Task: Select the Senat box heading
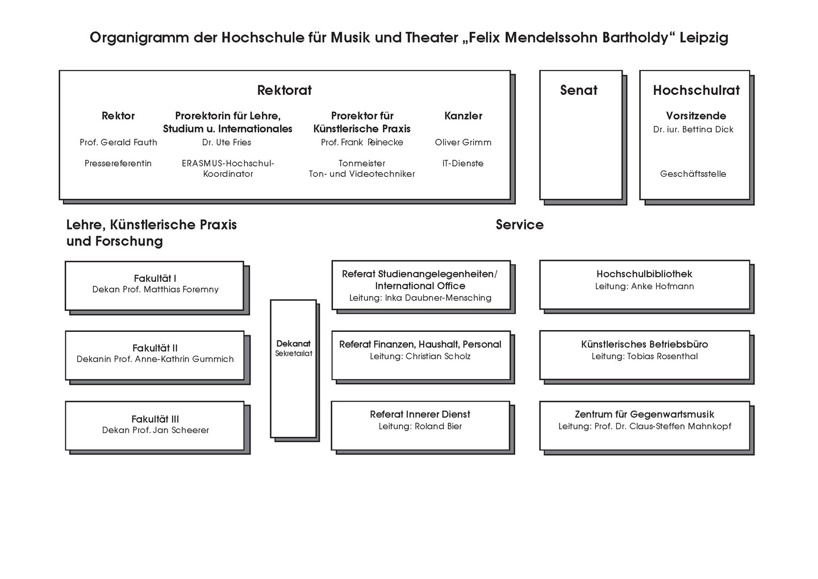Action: coord(578,90)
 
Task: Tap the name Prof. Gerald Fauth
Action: coord(118,143)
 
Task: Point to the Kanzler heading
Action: coord(463,116)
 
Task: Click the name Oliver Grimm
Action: coord(463,143)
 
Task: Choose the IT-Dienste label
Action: coord(463,164)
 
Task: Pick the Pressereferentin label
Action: coord(118,164)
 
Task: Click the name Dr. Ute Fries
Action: coord(227,143)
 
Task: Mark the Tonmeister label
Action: coord(362,164)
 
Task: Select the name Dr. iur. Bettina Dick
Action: coord(693,130)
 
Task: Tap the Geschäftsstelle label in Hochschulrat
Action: coord(693,174)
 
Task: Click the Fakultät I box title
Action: coord(155,278)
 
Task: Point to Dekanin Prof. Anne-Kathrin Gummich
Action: coord(155,359)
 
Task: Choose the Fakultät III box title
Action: coord(155,419)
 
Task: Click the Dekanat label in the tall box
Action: coord(293,344)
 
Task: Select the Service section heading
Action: coord(519,225)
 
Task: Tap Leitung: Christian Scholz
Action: coord(420,357)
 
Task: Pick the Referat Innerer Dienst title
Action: coord(420,415)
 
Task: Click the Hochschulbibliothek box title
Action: coord(644,274)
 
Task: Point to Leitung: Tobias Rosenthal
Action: coord(644,357)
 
